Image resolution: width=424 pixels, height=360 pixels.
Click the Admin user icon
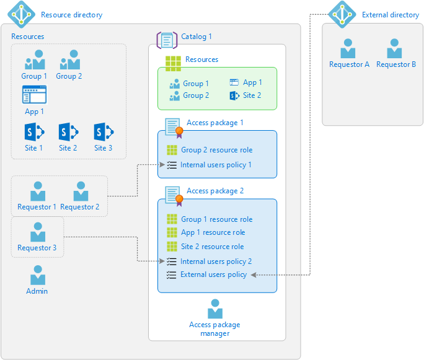point(38,275)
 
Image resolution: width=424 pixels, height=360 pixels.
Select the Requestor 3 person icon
point(38,232)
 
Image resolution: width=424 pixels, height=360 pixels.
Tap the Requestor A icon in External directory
point(348,49)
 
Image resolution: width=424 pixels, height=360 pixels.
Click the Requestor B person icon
point(395,49)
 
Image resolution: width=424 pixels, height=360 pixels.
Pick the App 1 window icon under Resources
point(34,95)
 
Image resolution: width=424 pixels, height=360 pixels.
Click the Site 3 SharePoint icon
point(103,132)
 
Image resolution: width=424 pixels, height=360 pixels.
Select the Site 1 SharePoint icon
point(33,132)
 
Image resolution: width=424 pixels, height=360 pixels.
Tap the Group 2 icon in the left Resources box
point(69,60)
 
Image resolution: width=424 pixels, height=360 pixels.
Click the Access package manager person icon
point(215,309)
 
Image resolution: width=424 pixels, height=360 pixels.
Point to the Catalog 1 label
point(196,37)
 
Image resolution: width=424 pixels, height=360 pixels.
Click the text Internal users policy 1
point(216,165)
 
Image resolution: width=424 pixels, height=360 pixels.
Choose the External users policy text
point(213,274)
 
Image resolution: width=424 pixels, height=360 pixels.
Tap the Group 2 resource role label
point(216,150)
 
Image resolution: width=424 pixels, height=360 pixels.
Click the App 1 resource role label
point(213,232)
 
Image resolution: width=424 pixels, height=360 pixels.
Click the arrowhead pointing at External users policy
point(253,274)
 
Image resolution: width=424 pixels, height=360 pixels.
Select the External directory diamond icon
point(342,14)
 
